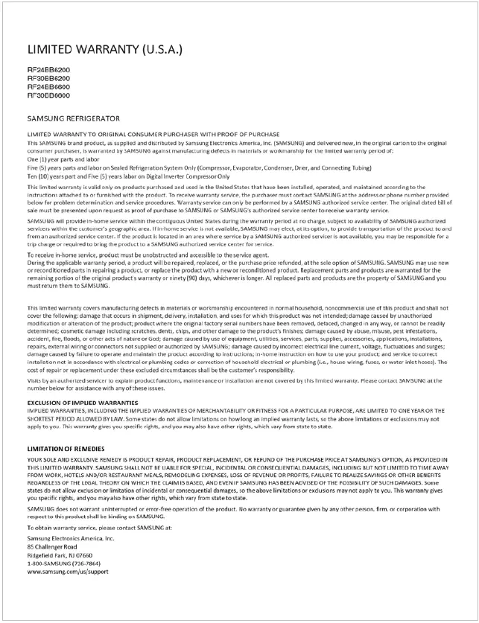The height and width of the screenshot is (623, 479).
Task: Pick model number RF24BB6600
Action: (x=49, y=87)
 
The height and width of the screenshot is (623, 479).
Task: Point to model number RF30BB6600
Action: (x=49, y=95)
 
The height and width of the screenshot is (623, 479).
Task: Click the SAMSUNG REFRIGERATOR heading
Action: (x=73, y=118)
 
